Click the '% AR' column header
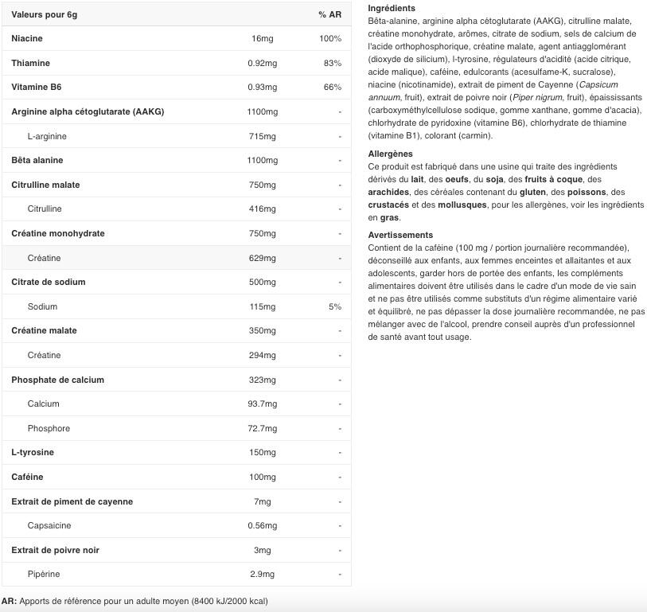coord(329,14)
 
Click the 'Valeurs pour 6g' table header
coord(45,14)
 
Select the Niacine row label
coord(27,38)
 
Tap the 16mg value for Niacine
coord(262,38)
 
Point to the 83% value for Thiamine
coord(333,63)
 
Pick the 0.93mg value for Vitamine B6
coord(262,88)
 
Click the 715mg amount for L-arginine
coord(262,136)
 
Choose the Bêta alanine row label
coord(37,160)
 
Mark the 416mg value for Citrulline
coord(262,209)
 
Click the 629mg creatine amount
coord(262,258)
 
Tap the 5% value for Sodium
coord(335,306)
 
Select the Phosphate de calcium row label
coord(57,380)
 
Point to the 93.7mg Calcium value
coord(263,403)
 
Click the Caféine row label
coord(27,477)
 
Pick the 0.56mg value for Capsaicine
coord(263,525)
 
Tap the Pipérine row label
coord(44,574)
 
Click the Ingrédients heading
coord(392,8)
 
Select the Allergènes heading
coord(391,154)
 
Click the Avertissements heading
coord(400,235)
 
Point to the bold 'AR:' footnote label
coord(9,601)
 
